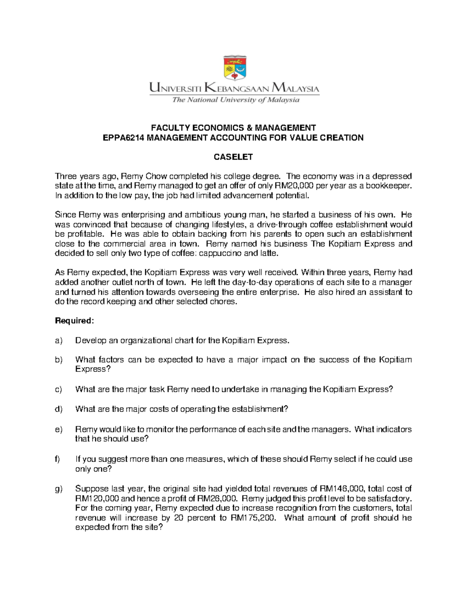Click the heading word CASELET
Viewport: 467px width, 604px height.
[233, 157]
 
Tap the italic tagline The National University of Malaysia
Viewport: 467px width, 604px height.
[236, 100]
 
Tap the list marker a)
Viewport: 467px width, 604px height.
[59, 341]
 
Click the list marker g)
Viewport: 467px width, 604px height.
[59, 489]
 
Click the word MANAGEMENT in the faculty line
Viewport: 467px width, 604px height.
[286, 128]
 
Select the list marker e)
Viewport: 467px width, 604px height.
[59, 430]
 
